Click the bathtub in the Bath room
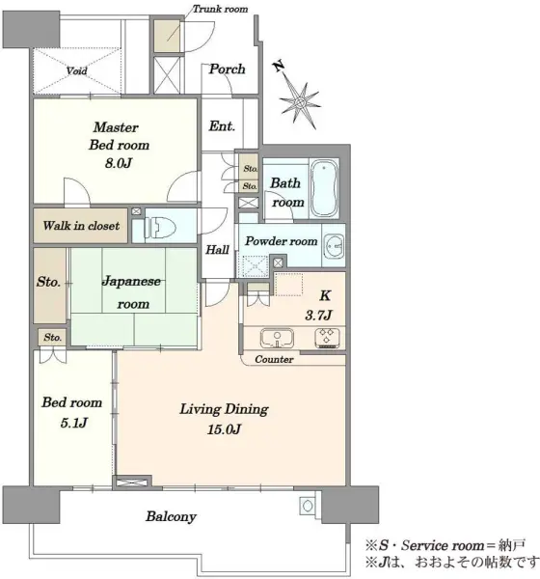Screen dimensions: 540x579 tap(324, 188)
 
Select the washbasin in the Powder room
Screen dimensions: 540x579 tap(335, 245)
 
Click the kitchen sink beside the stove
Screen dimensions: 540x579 tap(277, 338)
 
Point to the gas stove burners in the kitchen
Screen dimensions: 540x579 tap(327, 338)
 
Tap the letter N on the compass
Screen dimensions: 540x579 tap(279, 66)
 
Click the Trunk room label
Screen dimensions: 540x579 tap(221, 9)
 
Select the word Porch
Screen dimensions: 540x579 tap(227, 69)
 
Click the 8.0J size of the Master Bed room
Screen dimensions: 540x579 tap(118, 163)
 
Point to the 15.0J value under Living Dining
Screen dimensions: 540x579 tap(224, 429)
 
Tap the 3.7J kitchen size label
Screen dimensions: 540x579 tap(318, 315)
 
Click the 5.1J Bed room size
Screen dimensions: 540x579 tap(74, 423)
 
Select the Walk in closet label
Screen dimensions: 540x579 tap(81, 226)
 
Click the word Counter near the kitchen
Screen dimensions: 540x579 tap(274, 359)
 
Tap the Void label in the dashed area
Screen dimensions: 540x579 tap(77, 70)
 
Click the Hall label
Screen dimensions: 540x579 tap(217, 250)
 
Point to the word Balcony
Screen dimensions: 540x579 tap(171, 516)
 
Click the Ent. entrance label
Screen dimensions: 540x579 tap(222, 126)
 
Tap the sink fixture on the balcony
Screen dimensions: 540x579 tap(308, 505)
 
